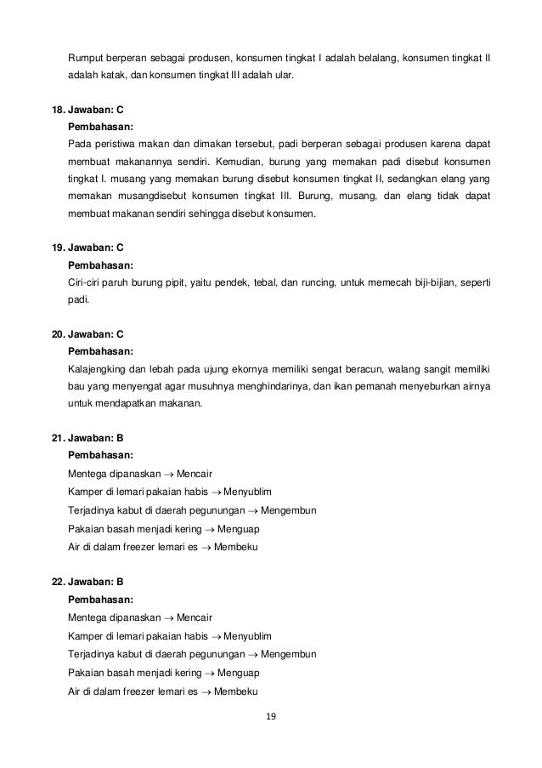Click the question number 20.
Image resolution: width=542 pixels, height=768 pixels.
(58, 334)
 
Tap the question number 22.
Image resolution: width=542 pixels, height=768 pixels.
(58, 583)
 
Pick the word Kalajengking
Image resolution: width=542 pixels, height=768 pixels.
(99, 368)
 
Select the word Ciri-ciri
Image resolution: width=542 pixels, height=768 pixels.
(86, 282)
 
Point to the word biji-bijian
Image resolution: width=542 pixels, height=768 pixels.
(429, 282)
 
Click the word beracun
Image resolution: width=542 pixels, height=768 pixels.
(392, 368)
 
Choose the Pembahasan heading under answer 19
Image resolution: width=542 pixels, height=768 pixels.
(100, 265)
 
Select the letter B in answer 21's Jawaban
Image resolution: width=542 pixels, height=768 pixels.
(120, 438)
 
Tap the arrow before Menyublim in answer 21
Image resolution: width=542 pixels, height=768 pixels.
(215, 491)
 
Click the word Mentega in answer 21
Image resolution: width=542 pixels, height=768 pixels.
(86, 473)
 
